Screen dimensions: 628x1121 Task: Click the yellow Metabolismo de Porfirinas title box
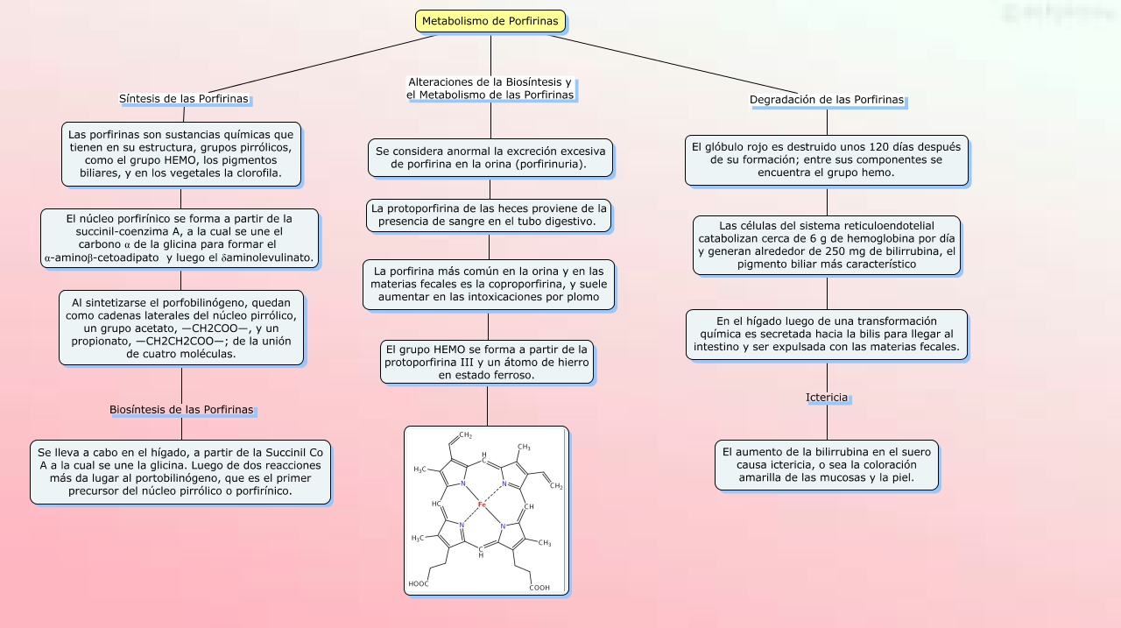click(490, 21)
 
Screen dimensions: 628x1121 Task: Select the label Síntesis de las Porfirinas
click(184, 99)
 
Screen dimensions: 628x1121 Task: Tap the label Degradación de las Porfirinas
click(827, 100)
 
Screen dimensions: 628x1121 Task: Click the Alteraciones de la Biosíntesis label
click(490, 88)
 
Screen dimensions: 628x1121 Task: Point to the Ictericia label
click(827, 398)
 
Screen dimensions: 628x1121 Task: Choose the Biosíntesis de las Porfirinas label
click(181, 410)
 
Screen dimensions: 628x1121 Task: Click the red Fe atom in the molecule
click(482, 505)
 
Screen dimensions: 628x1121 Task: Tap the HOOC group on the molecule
click(419, 584)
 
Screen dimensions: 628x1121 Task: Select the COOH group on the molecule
click(539, 588)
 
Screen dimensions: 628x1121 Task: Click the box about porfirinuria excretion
click(490, 158)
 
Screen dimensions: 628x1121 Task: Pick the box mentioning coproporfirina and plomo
click(489, 285)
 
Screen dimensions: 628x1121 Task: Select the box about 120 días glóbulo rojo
click(826, 160)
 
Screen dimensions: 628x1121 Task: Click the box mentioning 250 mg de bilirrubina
click(826, 245)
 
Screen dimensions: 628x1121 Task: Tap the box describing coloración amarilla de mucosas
click(826, 465)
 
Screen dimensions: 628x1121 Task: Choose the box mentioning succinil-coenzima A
click(180, 237)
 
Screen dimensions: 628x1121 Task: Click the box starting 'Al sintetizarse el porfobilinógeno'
click(181, 328)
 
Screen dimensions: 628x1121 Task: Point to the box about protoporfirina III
click(486, 362)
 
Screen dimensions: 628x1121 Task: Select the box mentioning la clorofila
click(181, 154)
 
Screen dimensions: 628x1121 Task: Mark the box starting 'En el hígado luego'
click(826, 335)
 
